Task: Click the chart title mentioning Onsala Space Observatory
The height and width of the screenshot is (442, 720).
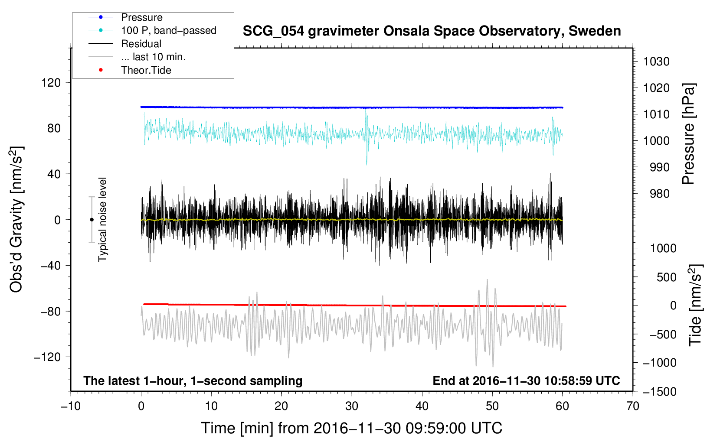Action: [432, 31]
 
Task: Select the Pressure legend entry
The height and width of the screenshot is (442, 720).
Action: [141, 17]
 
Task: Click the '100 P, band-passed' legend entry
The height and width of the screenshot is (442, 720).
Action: [168, 30]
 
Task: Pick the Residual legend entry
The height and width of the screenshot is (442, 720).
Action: [141, 44]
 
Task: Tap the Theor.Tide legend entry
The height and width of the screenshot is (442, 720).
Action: [146, 70]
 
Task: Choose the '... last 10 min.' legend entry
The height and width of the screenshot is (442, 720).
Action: [153, 57]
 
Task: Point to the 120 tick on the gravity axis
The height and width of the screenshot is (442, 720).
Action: [51, 82]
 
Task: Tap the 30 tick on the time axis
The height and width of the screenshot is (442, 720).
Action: [352, 406]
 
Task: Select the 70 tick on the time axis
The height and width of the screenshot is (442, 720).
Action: [633, 406]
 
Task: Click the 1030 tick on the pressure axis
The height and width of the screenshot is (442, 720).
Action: [656, 62]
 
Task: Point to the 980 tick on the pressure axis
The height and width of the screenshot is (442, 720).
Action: [659, 194]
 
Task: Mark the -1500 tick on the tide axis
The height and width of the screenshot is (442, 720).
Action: [659, 391]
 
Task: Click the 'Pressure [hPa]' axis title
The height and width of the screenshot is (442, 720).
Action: [688, 134]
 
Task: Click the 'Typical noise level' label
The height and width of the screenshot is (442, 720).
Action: [102, 219]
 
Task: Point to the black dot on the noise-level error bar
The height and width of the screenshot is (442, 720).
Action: [92, 220]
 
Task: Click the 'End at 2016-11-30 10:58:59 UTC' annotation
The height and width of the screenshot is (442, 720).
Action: [526, 381]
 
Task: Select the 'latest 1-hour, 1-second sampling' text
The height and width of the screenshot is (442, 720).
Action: [193, 381]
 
